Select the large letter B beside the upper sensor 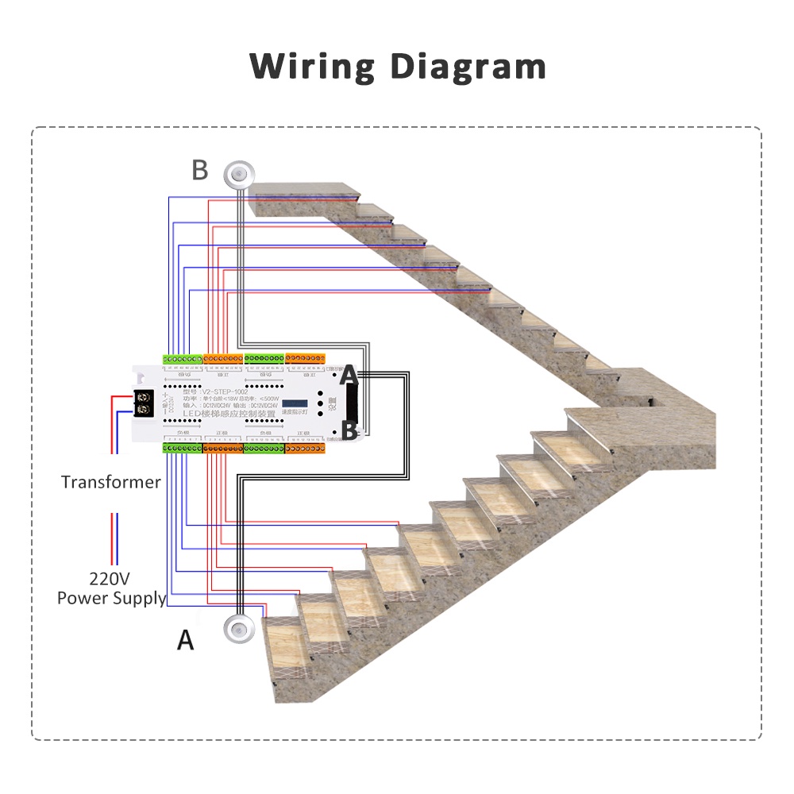200,170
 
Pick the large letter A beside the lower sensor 185,639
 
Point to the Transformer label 110,482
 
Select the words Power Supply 111,598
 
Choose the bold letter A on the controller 349,373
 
